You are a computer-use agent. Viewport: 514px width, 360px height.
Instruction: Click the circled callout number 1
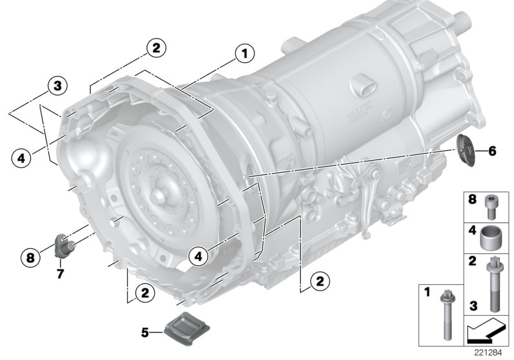click(x=244, y=53)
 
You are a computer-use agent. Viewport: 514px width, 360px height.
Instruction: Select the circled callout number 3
click(x=57, y=85)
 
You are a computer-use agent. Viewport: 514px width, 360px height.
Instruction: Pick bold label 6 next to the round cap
click(x=492, y=151)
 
